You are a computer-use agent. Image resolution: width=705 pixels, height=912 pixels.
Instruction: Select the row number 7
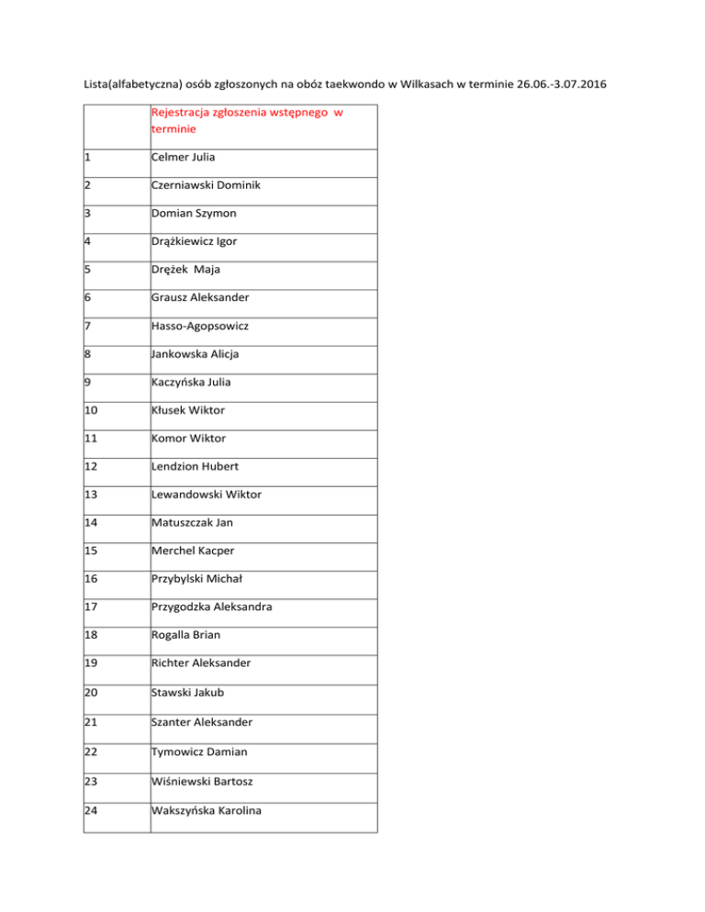(x=87, y=326)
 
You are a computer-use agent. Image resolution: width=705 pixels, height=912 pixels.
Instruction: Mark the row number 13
(x=91, y=495)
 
